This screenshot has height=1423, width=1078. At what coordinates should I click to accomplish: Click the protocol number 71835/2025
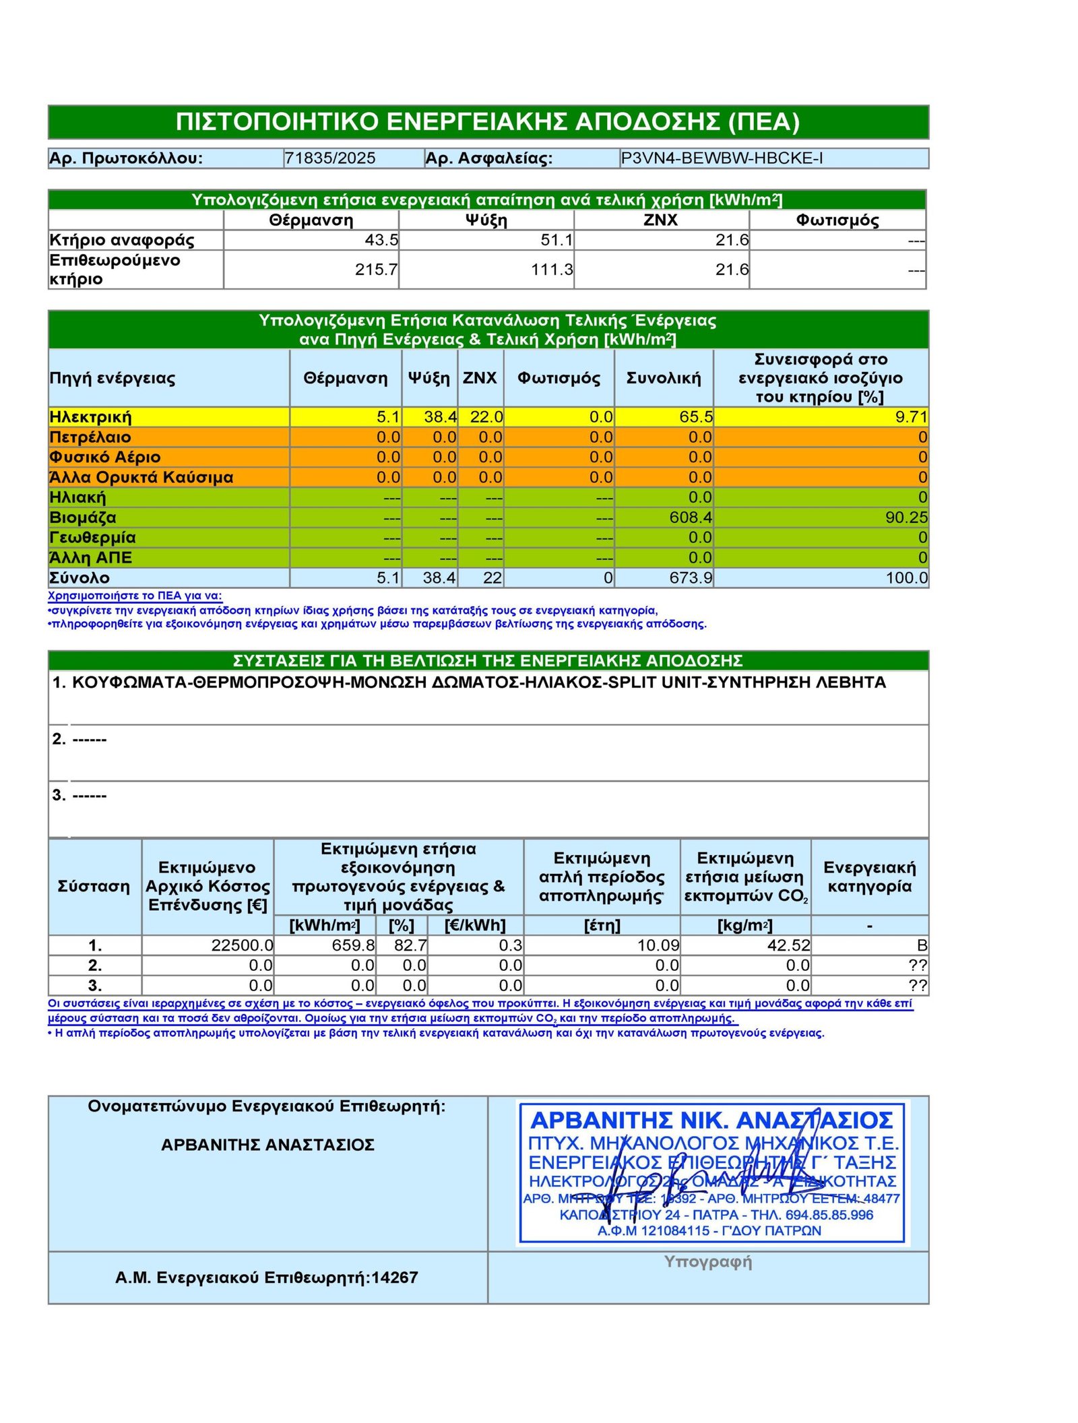(x=329, y=158)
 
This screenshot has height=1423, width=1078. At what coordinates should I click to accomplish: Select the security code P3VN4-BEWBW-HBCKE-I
(x=721, y=158)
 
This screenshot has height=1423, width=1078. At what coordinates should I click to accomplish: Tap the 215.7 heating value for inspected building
(x=376, y=270)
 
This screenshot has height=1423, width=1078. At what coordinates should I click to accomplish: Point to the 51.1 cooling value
(x=557, y=240)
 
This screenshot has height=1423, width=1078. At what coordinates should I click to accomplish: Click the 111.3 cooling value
(x=552, y=270)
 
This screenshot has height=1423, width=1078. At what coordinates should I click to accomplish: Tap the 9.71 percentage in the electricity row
(x=911, y=417)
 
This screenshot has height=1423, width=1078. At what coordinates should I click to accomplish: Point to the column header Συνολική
(x=663, y=378)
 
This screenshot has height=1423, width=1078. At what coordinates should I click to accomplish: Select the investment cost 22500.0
(x=242, y=945)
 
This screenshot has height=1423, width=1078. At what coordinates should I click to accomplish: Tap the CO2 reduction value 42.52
(x=788, y=945)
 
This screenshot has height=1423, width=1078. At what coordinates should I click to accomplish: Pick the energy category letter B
(x=921, y=945)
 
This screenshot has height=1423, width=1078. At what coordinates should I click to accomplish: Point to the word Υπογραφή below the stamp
(x=707, y=1261)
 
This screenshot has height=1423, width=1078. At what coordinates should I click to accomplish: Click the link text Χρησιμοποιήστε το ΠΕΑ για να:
(x=135, y=596)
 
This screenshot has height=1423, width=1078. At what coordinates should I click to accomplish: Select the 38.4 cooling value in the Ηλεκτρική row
(x=440, y=417)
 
